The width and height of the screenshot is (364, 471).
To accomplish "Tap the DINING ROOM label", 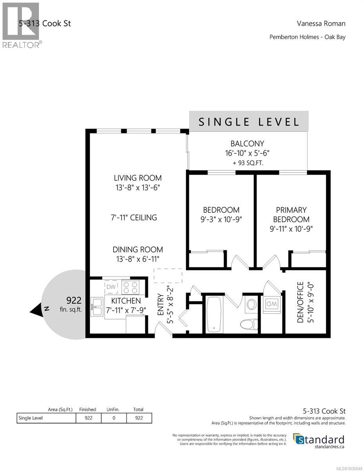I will click(x=138, y=250).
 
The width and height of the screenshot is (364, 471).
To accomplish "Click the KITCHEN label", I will click(x=126, y=301).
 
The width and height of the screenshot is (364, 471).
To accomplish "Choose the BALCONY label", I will click(x=247, y=144).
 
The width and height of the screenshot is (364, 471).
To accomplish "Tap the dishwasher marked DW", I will click(x=111, y=287).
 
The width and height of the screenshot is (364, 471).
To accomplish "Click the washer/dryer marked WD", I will click(x=272, y=303).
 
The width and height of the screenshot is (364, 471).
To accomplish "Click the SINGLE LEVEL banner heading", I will click(x=249, y=122).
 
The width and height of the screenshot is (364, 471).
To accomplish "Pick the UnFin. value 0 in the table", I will click(x=114, y=418).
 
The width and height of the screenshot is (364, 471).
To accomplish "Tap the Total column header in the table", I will click(x=139, y=409).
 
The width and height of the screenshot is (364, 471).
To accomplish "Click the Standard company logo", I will click(x=319, y=440).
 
